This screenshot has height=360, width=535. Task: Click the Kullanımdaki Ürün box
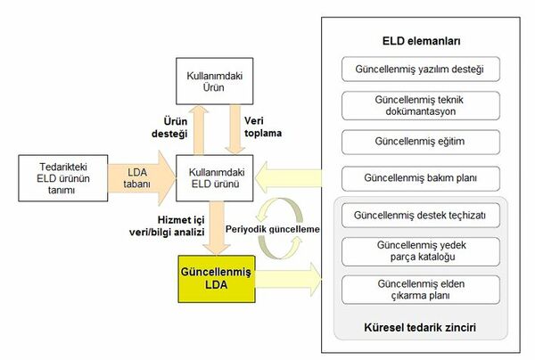[214, 81]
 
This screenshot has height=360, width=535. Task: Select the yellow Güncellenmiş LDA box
[217, 279]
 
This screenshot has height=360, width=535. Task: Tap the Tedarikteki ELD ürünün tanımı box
[63, 178]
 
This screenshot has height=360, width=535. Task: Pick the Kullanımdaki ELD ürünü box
[214, 178]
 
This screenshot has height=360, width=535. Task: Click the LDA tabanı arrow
[141, 178]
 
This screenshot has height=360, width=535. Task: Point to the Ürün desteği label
[169, 127]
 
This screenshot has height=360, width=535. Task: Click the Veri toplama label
[263, 127]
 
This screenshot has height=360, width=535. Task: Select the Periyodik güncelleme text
[273, 229]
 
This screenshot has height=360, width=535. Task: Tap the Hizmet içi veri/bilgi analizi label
[167, 226]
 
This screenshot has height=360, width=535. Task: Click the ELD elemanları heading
[421, 41]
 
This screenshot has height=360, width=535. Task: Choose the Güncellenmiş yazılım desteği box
[421, 70]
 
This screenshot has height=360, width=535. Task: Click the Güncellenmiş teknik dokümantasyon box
[421, 106]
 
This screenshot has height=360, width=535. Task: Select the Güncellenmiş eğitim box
[421, 142]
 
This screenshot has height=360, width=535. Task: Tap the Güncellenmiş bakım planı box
[421, 178]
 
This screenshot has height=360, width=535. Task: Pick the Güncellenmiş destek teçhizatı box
[421, 215]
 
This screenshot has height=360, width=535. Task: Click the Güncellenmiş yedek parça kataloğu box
[421, 251]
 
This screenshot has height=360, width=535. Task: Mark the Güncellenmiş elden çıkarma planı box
[421, 290]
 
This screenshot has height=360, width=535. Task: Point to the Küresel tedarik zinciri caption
[420, 327]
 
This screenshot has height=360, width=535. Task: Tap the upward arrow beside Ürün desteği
[199, 130]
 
